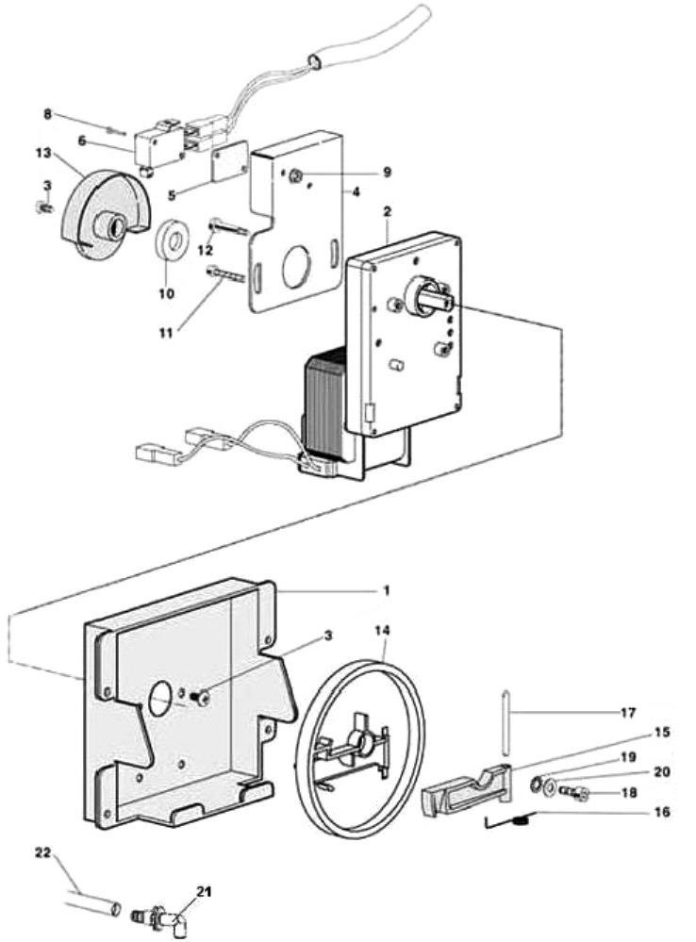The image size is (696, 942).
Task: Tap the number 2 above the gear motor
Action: pos(388,209)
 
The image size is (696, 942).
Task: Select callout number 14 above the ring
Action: pos(386,629)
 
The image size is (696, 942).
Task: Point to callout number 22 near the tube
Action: pos(41,854)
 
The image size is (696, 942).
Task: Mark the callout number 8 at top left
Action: pos(47,115)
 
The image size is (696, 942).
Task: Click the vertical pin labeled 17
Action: pos(506,721)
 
